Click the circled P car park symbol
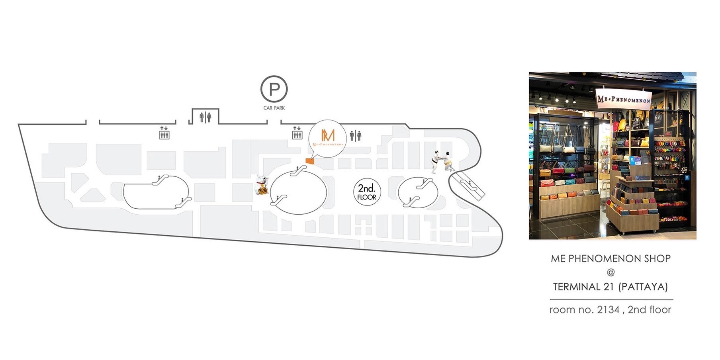[x=274, y=89]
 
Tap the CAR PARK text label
[x=274, y=108]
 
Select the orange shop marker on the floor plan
[x=309, y=161]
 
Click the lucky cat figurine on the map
[x=261, y=185]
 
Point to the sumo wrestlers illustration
[x=442, y=161]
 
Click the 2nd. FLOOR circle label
[x=367, y=192]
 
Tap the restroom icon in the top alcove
[x=205, y=117]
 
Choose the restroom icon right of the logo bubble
[x=356, y=136]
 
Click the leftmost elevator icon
[x=164, y=133]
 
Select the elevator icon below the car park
[x=297, y=133]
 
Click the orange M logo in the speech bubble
[x=328, y=135]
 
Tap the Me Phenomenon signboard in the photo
[x=624, y=98]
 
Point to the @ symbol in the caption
[x=611, y=272]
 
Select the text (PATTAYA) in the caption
[x=643, y=287]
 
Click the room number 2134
[x=608, y=310]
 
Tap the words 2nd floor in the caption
[x=650, y=310]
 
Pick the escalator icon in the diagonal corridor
[x=468, y=185]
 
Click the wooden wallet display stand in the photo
[x=631, y=203]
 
